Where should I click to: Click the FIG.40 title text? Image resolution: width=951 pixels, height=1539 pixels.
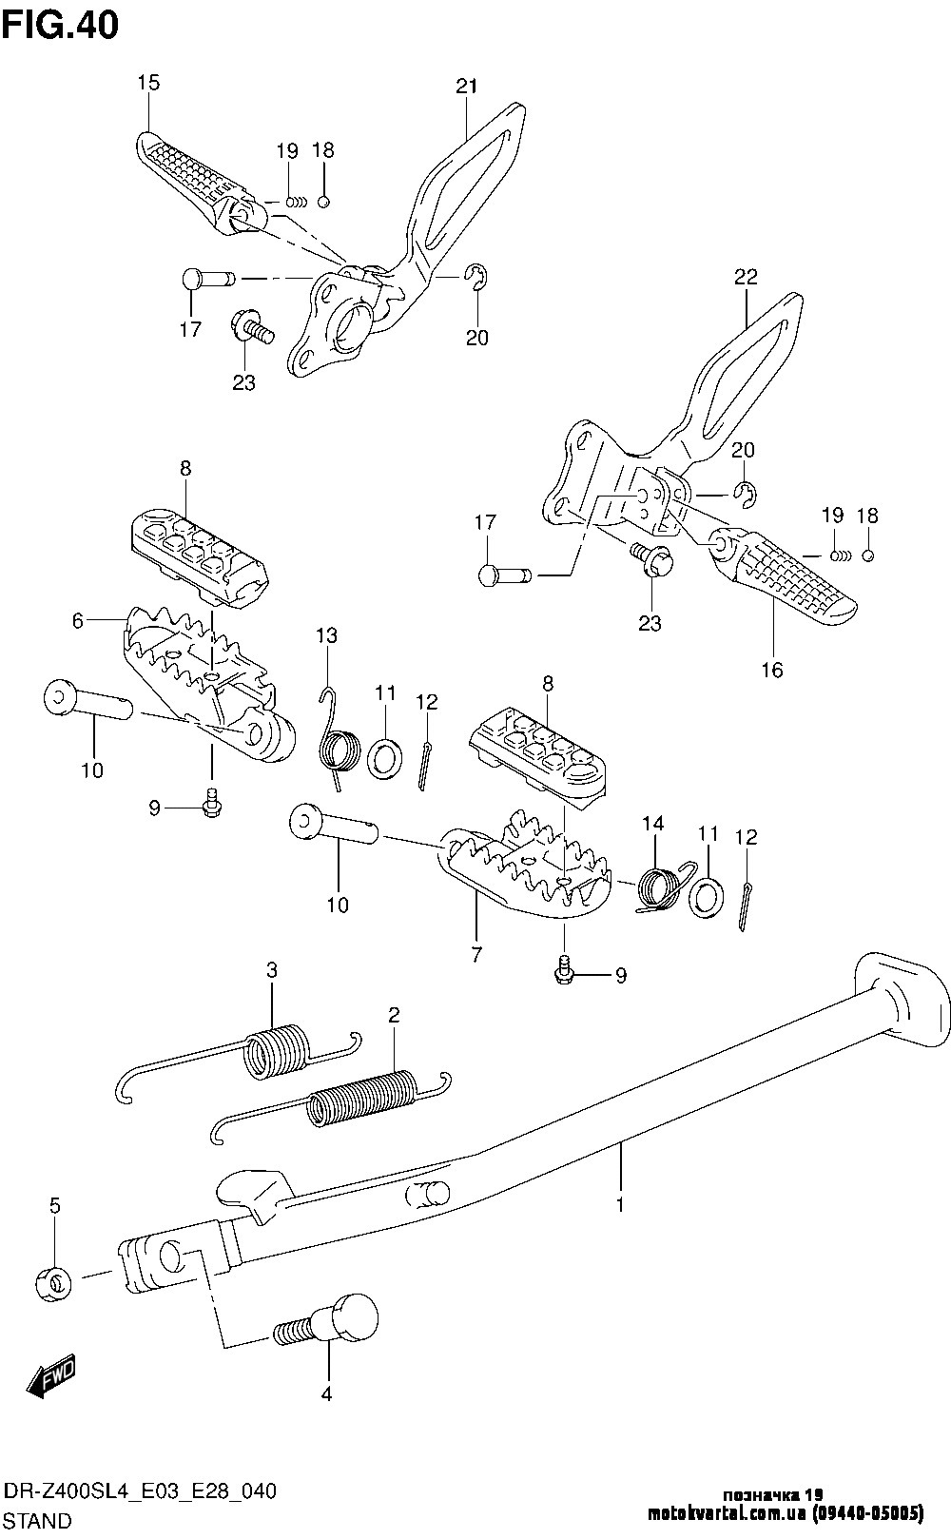click(x=61, y=26)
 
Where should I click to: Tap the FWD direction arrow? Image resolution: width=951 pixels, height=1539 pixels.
click(x=50, y=1374)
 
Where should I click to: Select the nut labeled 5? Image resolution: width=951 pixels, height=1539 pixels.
click(x=53, y=1282)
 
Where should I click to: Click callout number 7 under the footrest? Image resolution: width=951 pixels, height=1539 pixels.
click(x=476, y=954)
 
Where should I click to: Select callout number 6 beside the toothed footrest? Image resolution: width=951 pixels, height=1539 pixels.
click(x=78, y=620)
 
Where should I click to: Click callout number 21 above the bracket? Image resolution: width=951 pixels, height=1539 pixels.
click(x=467, y=86)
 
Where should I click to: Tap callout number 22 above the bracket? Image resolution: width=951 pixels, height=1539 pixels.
click(x=746, y=276)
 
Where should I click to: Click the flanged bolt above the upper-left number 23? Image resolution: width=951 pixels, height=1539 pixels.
click(x=253, y=327)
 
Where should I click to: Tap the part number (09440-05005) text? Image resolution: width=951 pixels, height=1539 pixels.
click(x=868, y=1513)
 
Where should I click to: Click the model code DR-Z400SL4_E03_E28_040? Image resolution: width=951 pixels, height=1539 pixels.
click(x=140, y=1490)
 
